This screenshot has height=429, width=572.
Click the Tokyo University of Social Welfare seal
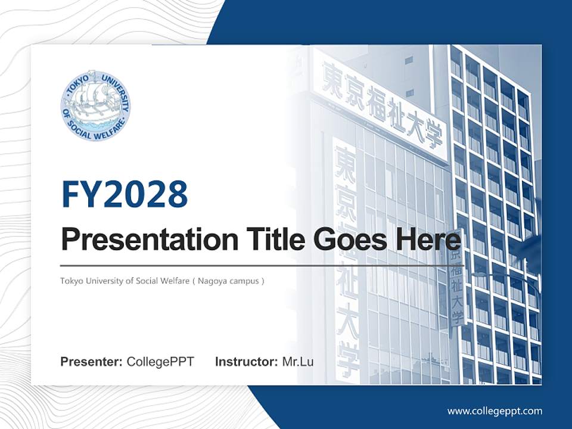95,105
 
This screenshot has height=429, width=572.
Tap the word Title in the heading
271,240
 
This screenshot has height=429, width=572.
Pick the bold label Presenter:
92,362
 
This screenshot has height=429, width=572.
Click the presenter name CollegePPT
160,362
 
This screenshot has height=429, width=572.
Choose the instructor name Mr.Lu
298,362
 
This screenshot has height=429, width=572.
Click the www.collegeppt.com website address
495,411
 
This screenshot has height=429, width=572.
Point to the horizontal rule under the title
262,265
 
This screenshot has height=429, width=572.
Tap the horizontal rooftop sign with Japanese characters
381,107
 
